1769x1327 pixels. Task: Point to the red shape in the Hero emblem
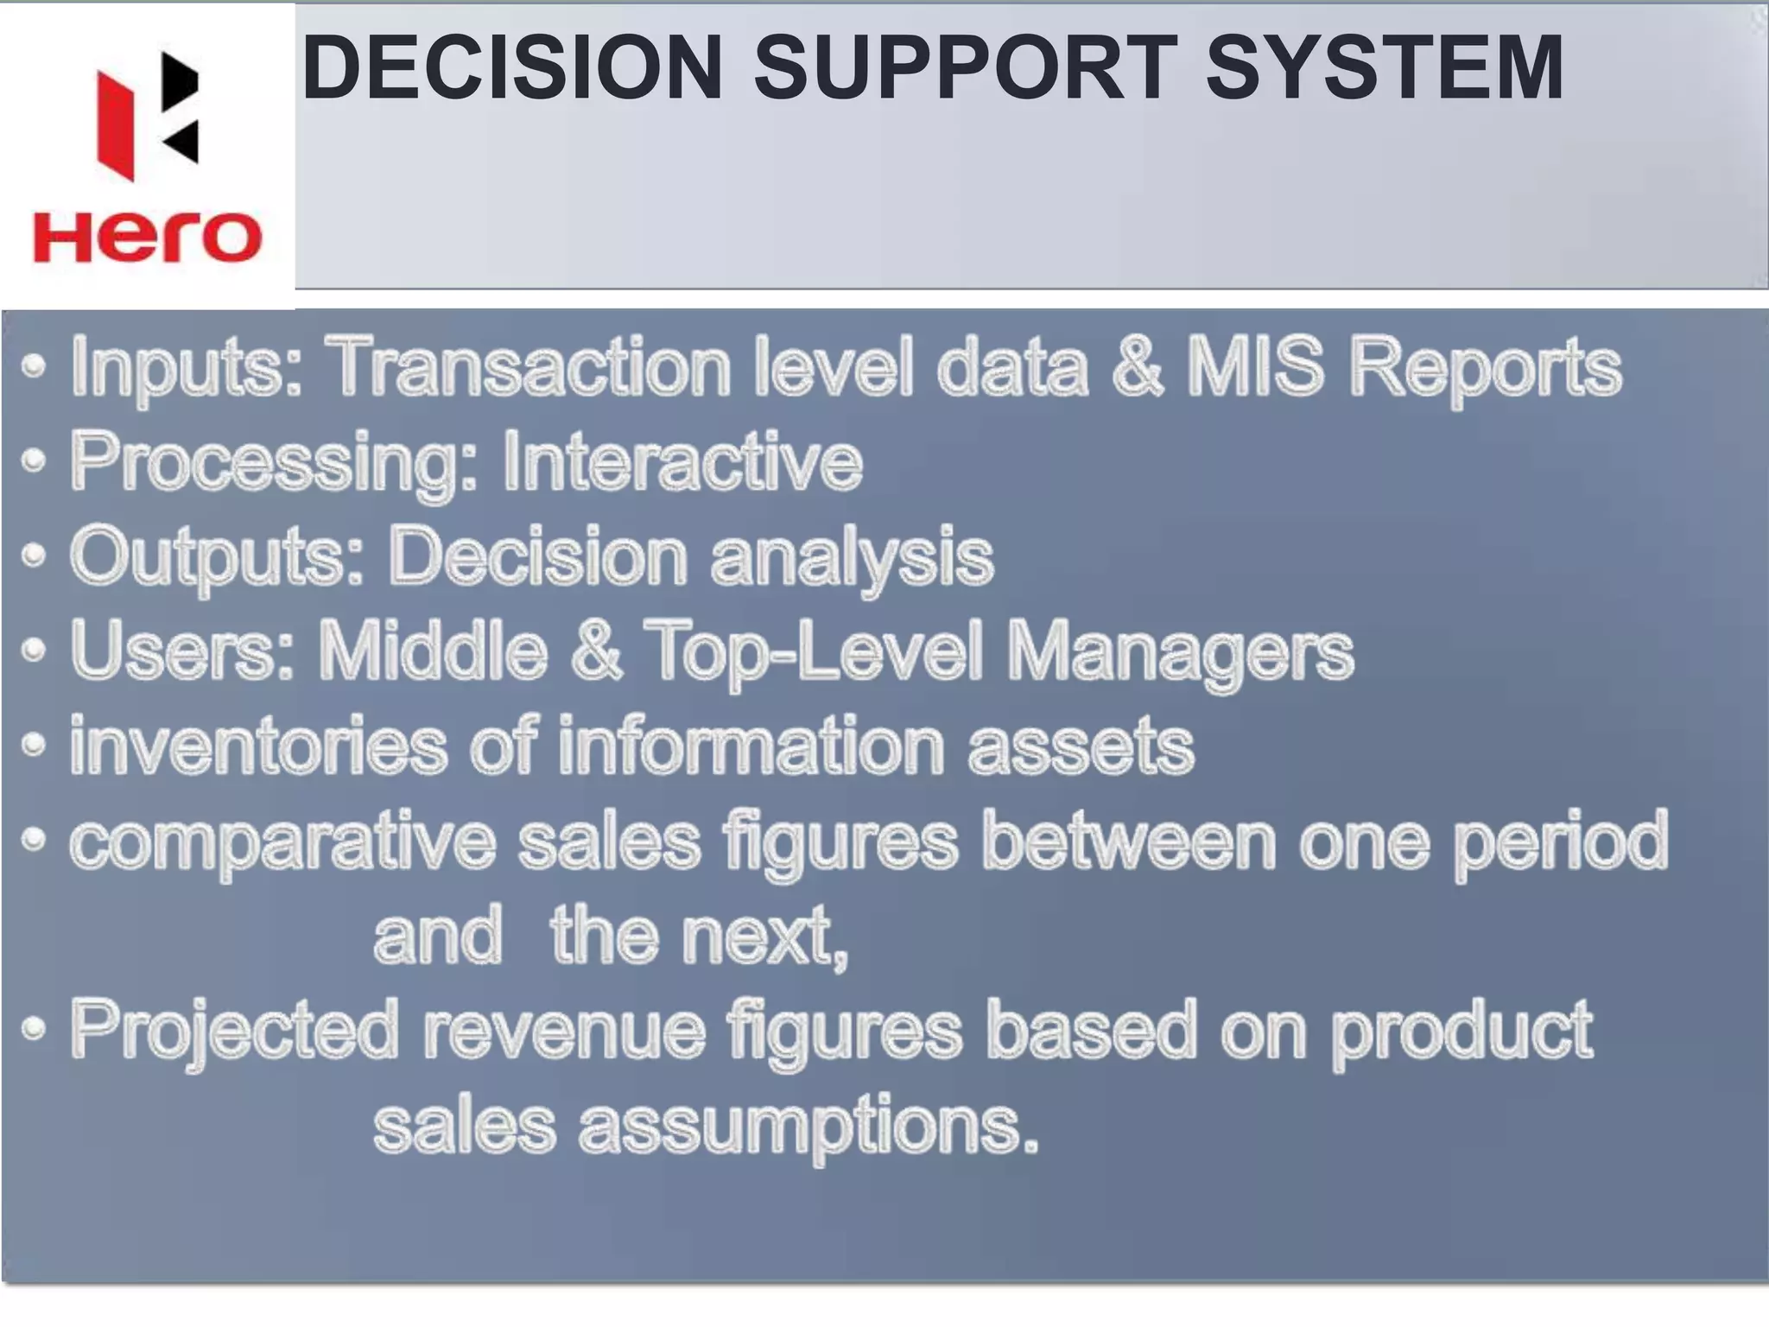point(116,126)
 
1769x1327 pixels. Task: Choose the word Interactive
point(682,461)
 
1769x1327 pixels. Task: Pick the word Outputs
point(216,558)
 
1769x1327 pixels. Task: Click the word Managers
point(1180,653)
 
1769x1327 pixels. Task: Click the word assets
point(1080,746)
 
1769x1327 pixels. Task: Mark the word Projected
point(233,1032)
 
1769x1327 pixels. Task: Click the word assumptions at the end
point(808,1127)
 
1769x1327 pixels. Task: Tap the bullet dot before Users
point(33,651)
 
